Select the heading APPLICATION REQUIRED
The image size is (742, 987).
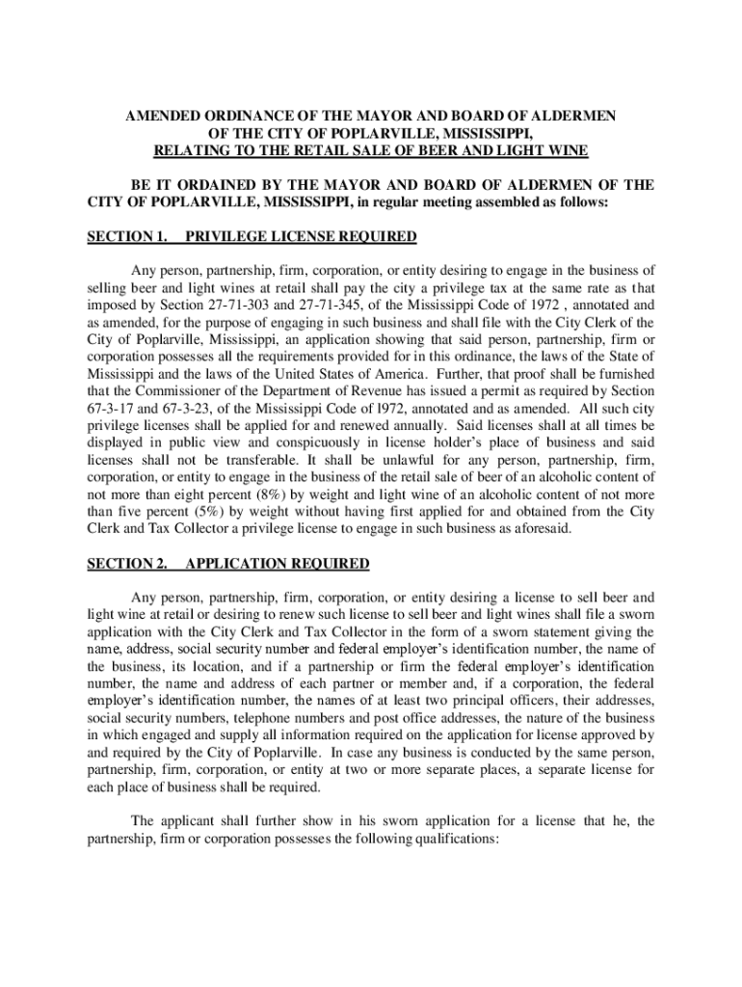[x=277, y=563]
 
